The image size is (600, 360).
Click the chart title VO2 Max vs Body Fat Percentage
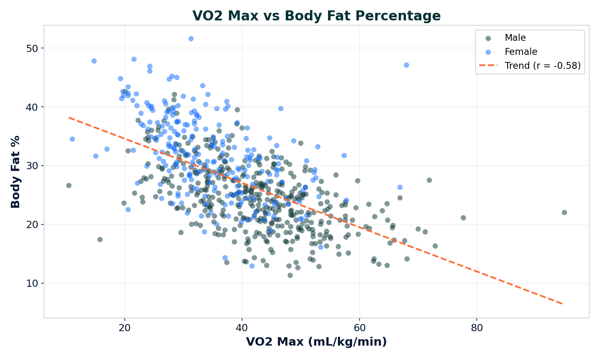tap(316, 16)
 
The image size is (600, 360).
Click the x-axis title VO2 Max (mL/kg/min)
tap(316, 342)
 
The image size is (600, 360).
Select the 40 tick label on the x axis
tap(242, 328)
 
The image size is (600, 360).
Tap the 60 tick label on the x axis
tap(359, 328)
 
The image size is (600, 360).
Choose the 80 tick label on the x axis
tap(476, 328)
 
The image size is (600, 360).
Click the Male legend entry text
tap(515, 38)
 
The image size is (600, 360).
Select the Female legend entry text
tap(521, 52)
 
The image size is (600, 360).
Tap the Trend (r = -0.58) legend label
tap(542, 66)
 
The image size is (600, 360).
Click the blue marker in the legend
tap(488, 52)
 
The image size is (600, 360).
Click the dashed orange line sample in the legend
tap(488, 66)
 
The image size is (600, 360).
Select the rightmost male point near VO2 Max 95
tap(564, 212)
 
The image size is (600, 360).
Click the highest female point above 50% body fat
tap(191, 39)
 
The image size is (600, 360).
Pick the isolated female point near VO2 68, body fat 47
tap(406, 65)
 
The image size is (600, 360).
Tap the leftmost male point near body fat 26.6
tap(69, 186)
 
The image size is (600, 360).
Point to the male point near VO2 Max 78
tap(463, 218)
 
